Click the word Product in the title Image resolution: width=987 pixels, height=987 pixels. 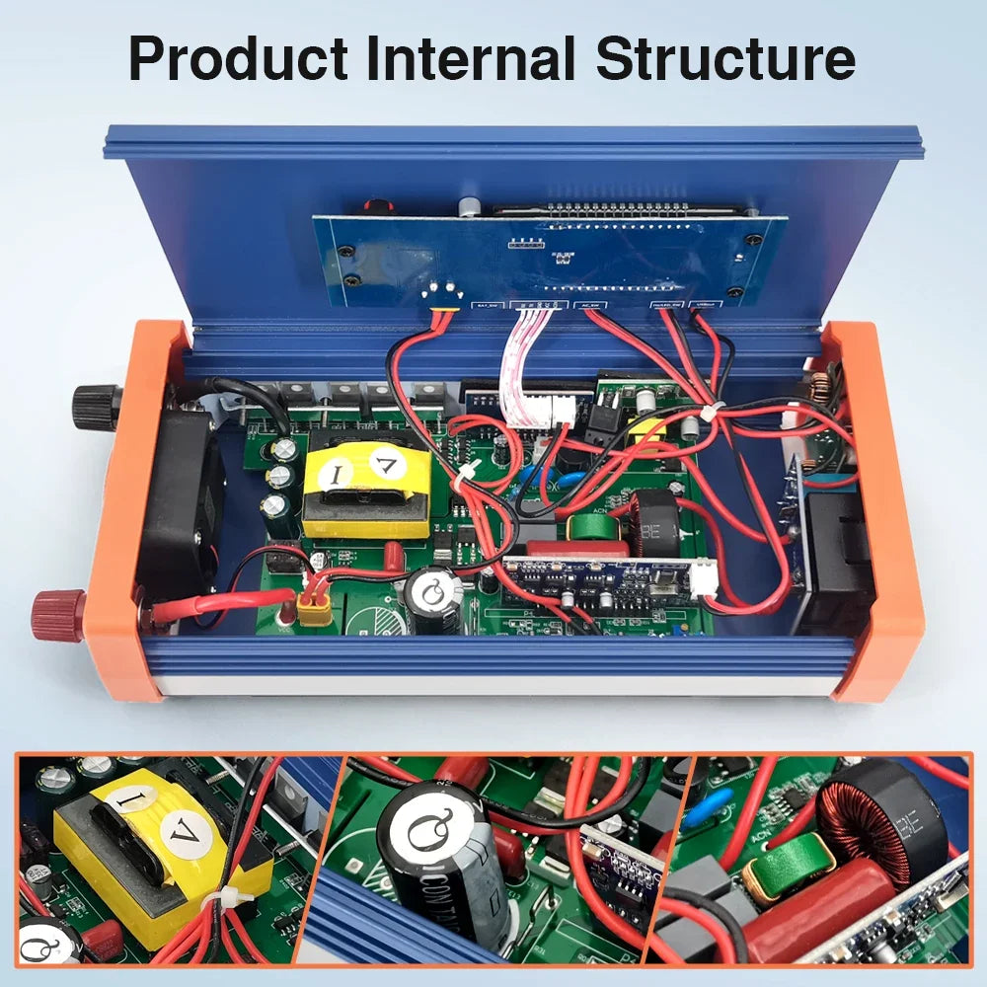point(239,59)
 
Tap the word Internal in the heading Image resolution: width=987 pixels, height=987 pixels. point(470,59)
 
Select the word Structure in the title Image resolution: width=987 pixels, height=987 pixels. point(725,59)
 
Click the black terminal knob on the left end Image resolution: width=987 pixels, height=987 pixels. point(95,406)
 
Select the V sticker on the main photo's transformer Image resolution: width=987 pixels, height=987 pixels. point(387,460)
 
